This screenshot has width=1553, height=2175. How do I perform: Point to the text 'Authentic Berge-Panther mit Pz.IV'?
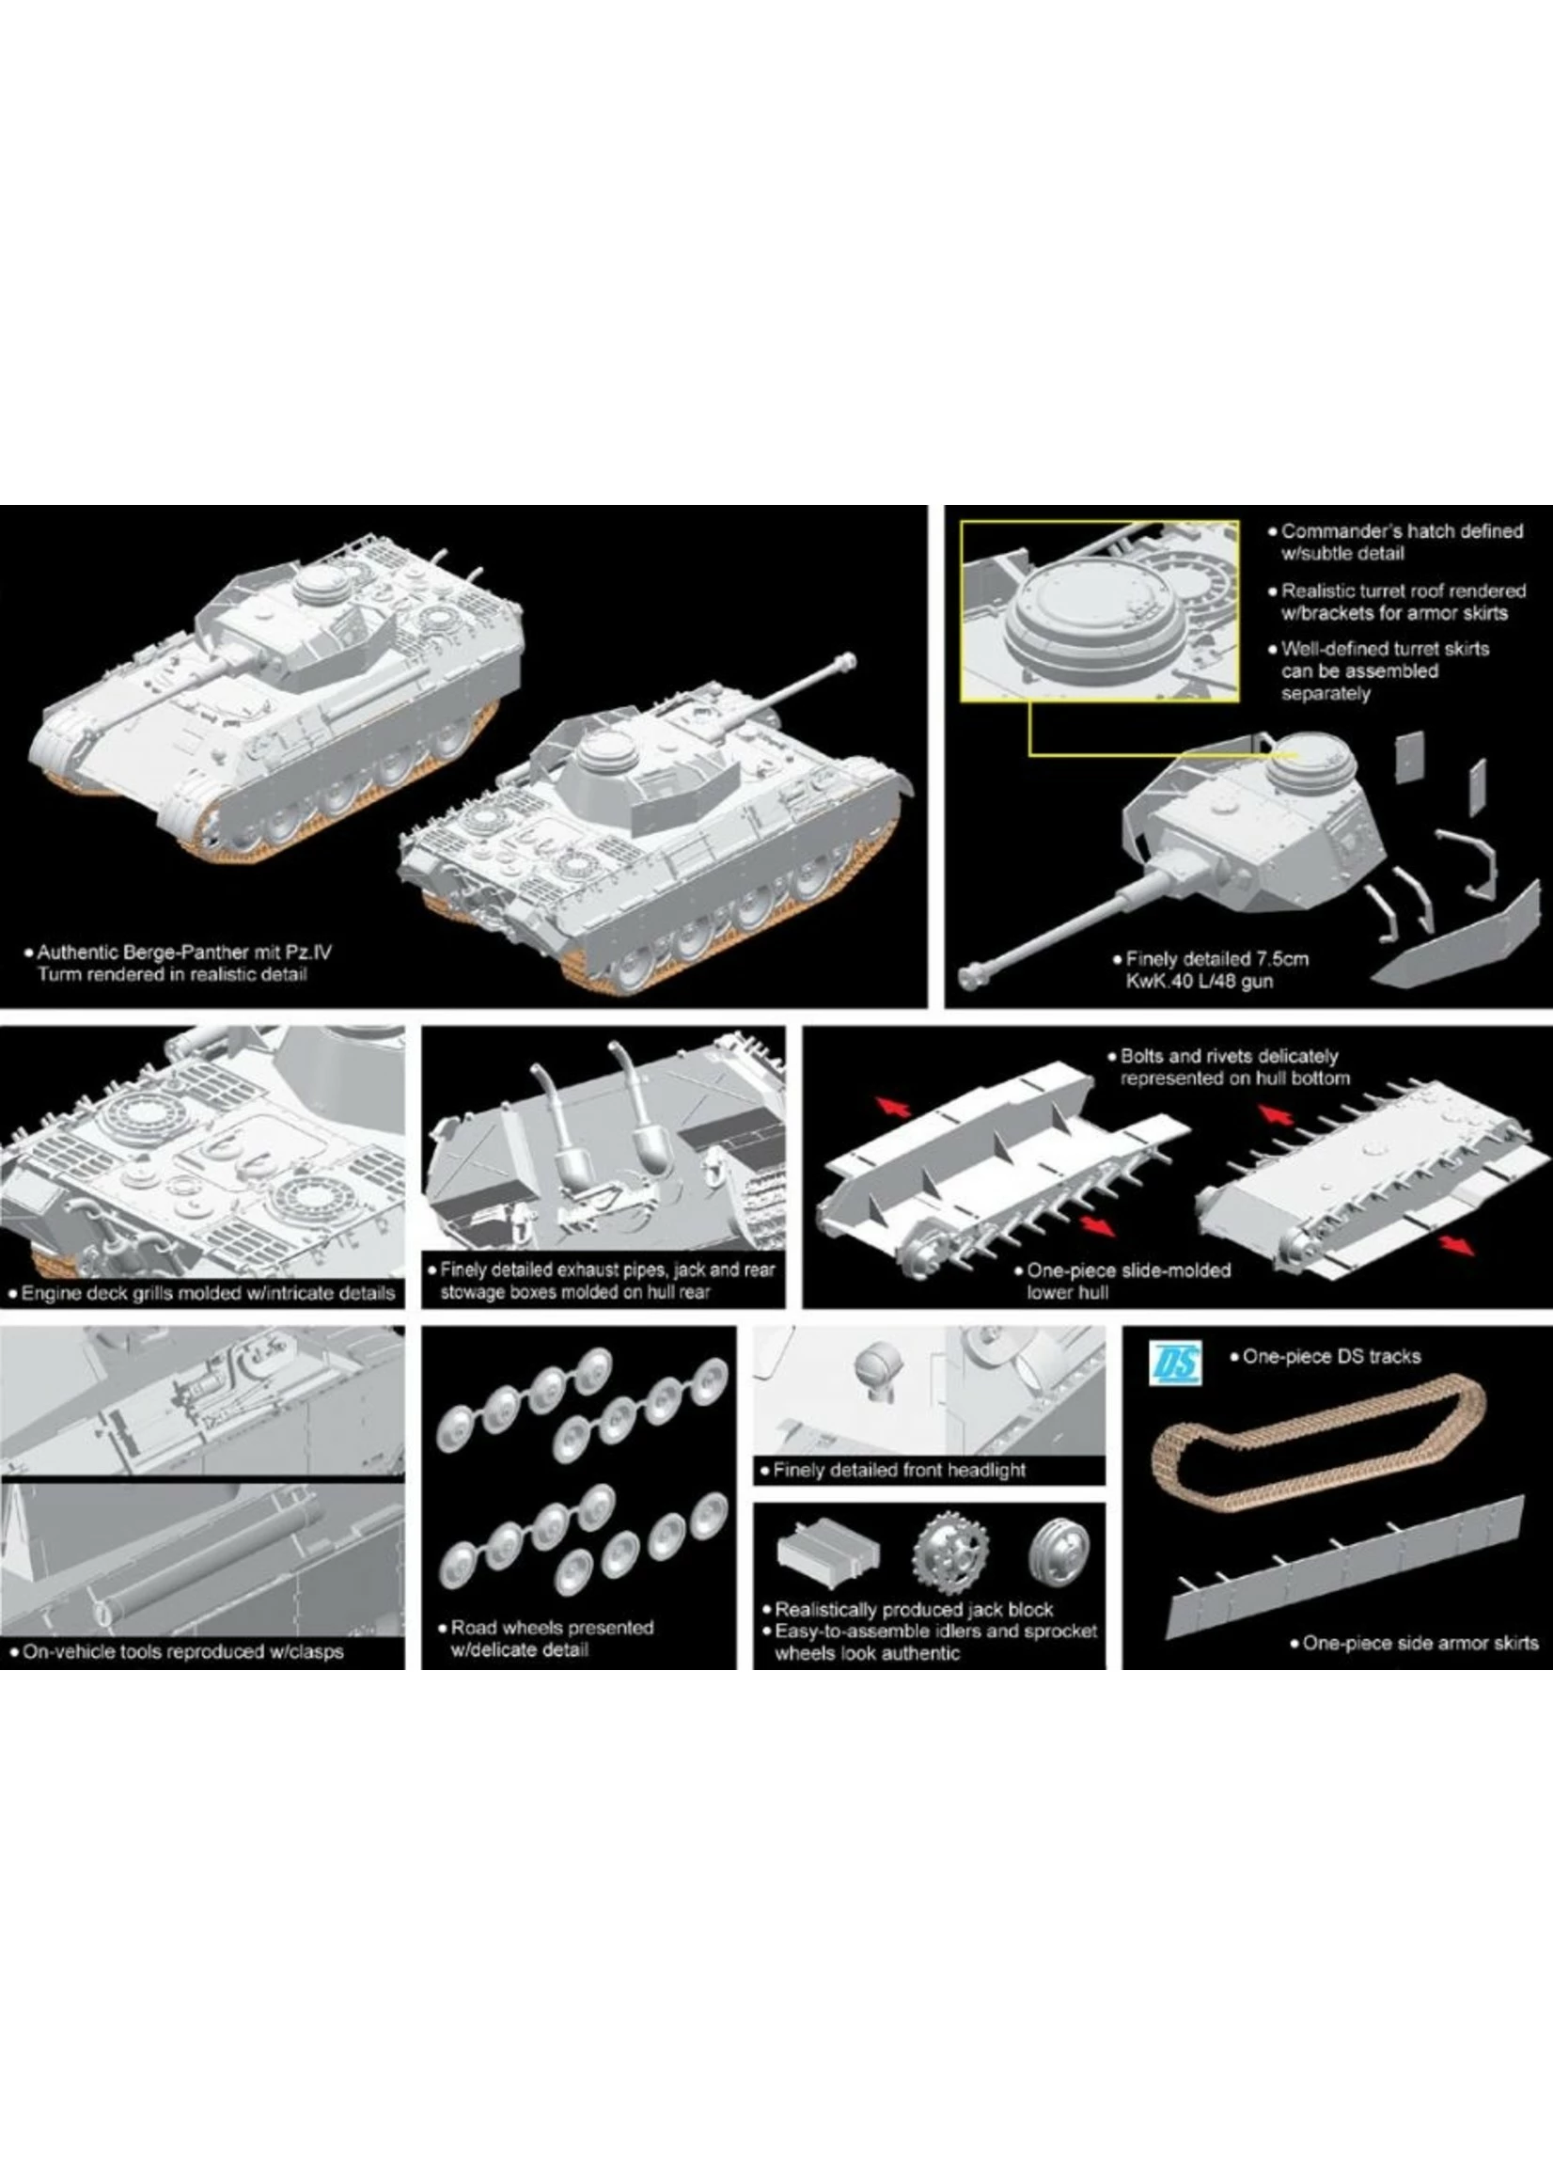pyautogui.click(x=183, y=953)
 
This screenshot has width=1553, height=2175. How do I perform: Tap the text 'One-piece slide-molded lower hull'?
pyautogui.click(x=1127, y=1282)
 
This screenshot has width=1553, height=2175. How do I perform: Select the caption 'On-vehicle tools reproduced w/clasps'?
pyautogui.click(x=181, y=1652)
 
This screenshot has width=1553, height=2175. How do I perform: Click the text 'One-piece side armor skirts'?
pyautogui.click(x=1420, y=1642)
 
